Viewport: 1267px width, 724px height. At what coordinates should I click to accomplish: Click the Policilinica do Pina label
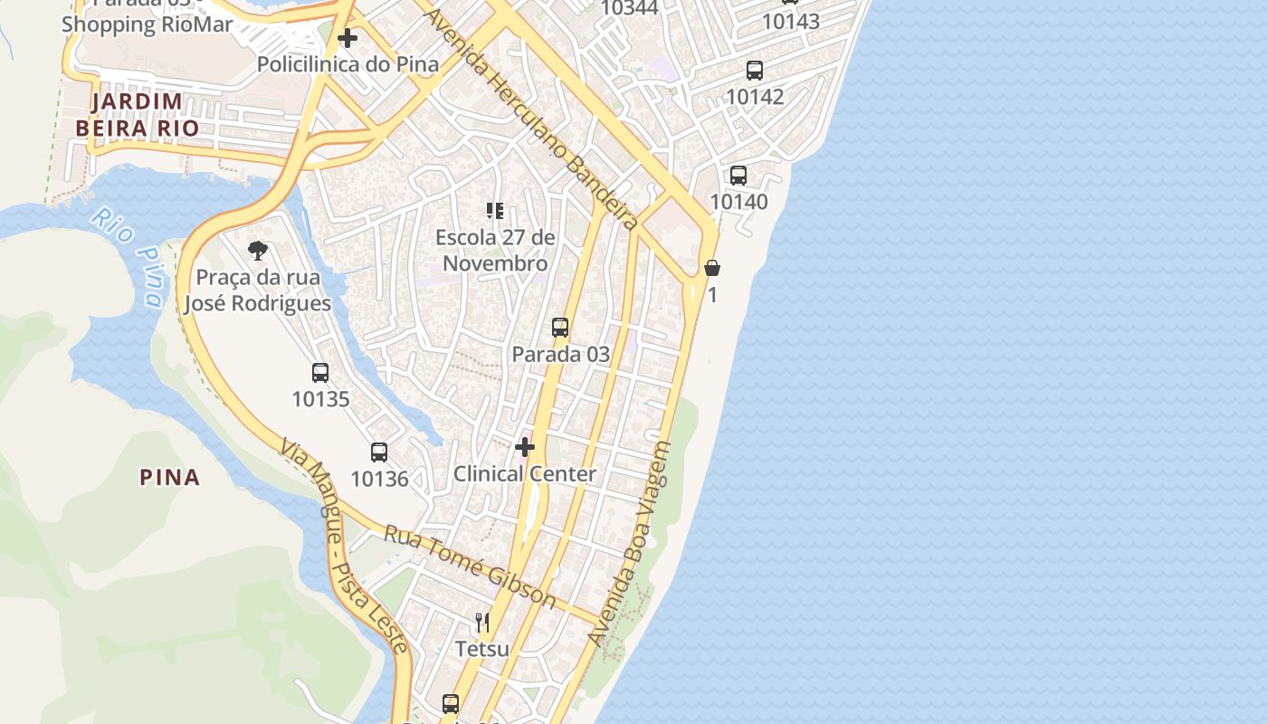tap(348, 64)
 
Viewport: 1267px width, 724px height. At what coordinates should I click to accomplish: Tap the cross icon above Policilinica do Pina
tap(348, 38)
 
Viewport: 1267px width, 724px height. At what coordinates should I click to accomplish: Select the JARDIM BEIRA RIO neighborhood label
tap(137, 115)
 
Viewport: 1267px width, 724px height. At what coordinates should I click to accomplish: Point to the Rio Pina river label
tap(129, 258)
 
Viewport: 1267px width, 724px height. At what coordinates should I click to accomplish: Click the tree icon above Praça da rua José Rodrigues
tap(258, 251)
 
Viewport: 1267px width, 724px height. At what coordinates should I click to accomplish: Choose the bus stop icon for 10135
tap(320, 372)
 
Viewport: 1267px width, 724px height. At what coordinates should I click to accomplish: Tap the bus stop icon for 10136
tap(379, 452)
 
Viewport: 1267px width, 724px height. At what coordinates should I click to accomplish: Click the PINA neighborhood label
tap(169, 477)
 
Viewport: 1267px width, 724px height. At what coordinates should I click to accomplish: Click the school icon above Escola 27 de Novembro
tap(494, 211)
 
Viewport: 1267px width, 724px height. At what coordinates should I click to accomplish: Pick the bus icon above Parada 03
tap(560, 328)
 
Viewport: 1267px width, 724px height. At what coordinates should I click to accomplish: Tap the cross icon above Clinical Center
tap(525, 447)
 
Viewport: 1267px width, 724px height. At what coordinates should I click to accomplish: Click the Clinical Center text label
tap(525, 473)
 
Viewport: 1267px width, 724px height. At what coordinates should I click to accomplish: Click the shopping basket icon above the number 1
tap(712, 268)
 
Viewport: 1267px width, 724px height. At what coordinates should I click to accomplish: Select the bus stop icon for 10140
tap(738, 176)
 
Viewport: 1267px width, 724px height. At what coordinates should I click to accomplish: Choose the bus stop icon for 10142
tap(755, 71)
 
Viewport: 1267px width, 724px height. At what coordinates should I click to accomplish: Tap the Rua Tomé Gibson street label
tap(470, 567)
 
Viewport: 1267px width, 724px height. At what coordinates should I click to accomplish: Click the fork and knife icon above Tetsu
tap(482, 622)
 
